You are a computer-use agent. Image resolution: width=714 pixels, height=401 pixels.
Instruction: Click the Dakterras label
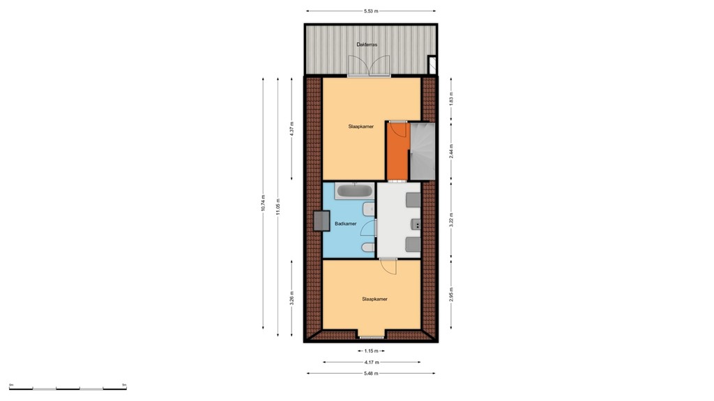point(367,45)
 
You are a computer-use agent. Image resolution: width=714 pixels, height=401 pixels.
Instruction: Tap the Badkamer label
point(346,223)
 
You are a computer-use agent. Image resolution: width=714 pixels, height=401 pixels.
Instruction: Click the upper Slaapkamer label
point(360,127)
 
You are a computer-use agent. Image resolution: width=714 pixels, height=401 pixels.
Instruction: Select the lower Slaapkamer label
point(374,299)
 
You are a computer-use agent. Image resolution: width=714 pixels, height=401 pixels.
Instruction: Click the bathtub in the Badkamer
point(355,191)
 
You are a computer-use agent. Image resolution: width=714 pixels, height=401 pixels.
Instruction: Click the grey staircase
point(422,150)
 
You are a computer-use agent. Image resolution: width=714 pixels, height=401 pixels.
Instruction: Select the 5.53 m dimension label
point(372,11)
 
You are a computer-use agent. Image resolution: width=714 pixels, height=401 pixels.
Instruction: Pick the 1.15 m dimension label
point(371,350)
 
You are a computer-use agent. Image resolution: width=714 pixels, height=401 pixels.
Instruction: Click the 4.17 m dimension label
point(372,362)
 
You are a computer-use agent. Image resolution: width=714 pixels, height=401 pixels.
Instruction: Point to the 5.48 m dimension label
point(371,374)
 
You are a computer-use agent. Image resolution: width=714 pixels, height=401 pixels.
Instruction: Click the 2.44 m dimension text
point(451,152)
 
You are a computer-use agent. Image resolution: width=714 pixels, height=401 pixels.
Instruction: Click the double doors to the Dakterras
point(370,67)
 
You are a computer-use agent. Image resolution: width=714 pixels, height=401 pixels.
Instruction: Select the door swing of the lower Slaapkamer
point(388,266)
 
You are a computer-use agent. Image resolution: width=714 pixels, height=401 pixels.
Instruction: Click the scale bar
point(68,387)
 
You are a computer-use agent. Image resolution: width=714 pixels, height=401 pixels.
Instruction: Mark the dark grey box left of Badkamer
point(322,221)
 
